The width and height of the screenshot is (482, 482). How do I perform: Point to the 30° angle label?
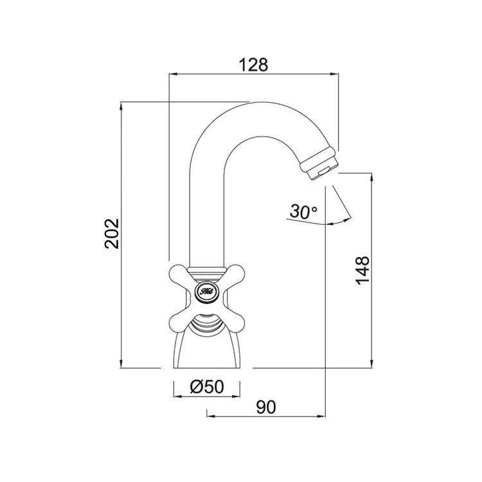pyautogui.click(x=303, y=211)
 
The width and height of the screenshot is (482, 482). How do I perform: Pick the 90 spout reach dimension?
pyautogui.click(x=265, y=406)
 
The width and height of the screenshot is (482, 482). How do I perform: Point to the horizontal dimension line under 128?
pyautogui.click(x=253, y=75)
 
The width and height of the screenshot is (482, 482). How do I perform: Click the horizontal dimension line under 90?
pyautogui.click(x=265, y=415)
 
